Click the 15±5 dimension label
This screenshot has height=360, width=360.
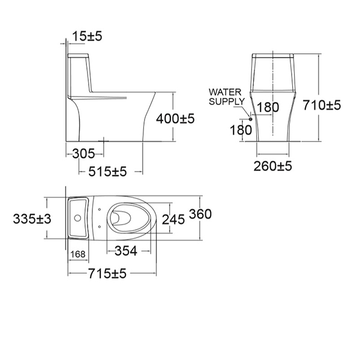(87, 37)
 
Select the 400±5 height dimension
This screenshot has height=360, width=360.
(175, 119)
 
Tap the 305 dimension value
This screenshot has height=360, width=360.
(84, 153)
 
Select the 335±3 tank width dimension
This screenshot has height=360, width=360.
(32, 219)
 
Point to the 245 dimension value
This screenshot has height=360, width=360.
(173, 220)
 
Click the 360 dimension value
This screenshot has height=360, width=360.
(200, 214)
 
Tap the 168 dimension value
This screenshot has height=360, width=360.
(78, 254)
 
